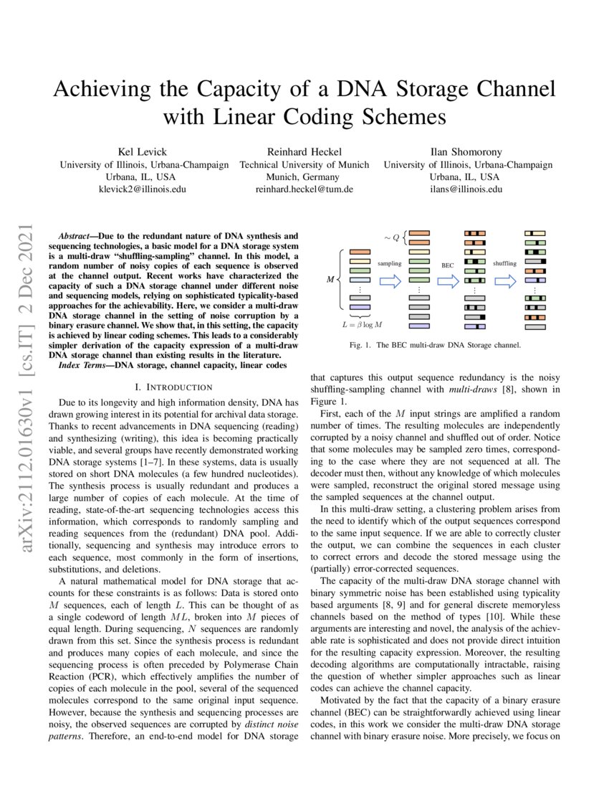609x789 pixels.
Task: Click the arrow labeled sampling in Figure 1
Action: tap(390, 280)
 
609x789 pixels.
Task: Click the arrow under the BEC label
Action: tap(448, 280)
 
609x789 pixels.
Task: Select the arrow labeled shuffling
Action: tap(505, 280)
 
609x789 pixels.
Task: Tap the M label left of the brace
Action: tap(330, 278)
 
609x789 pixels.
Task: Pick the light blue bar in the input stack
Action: tap(360, 307)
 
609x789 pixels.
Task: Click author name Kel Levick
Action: tap(144, 151)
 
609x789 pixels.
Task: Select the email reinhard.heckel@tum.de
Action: tap(304, 189)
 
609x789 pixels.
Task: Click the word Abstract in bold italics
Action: tap(77, 235)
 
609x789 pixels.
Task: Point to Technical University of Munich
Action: tap(304, 164)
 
